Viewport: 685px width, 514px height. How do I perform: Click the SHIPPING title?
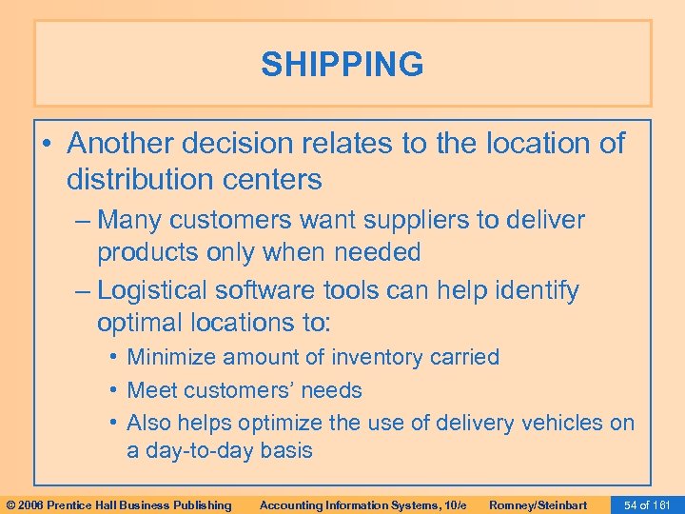point(342,65)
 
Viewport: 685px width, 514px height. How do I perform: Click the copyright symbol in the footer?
point(10,504)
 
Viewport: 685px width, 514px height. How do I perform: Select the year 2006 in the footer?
point(30,504)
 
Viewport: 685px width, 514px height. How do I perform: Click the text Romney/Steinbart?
point(538,504)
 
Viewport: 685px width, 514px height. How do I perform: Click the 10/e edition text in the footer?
point(453,504)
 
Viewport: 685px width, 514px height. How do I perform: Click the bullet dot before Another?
point(49,145)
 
